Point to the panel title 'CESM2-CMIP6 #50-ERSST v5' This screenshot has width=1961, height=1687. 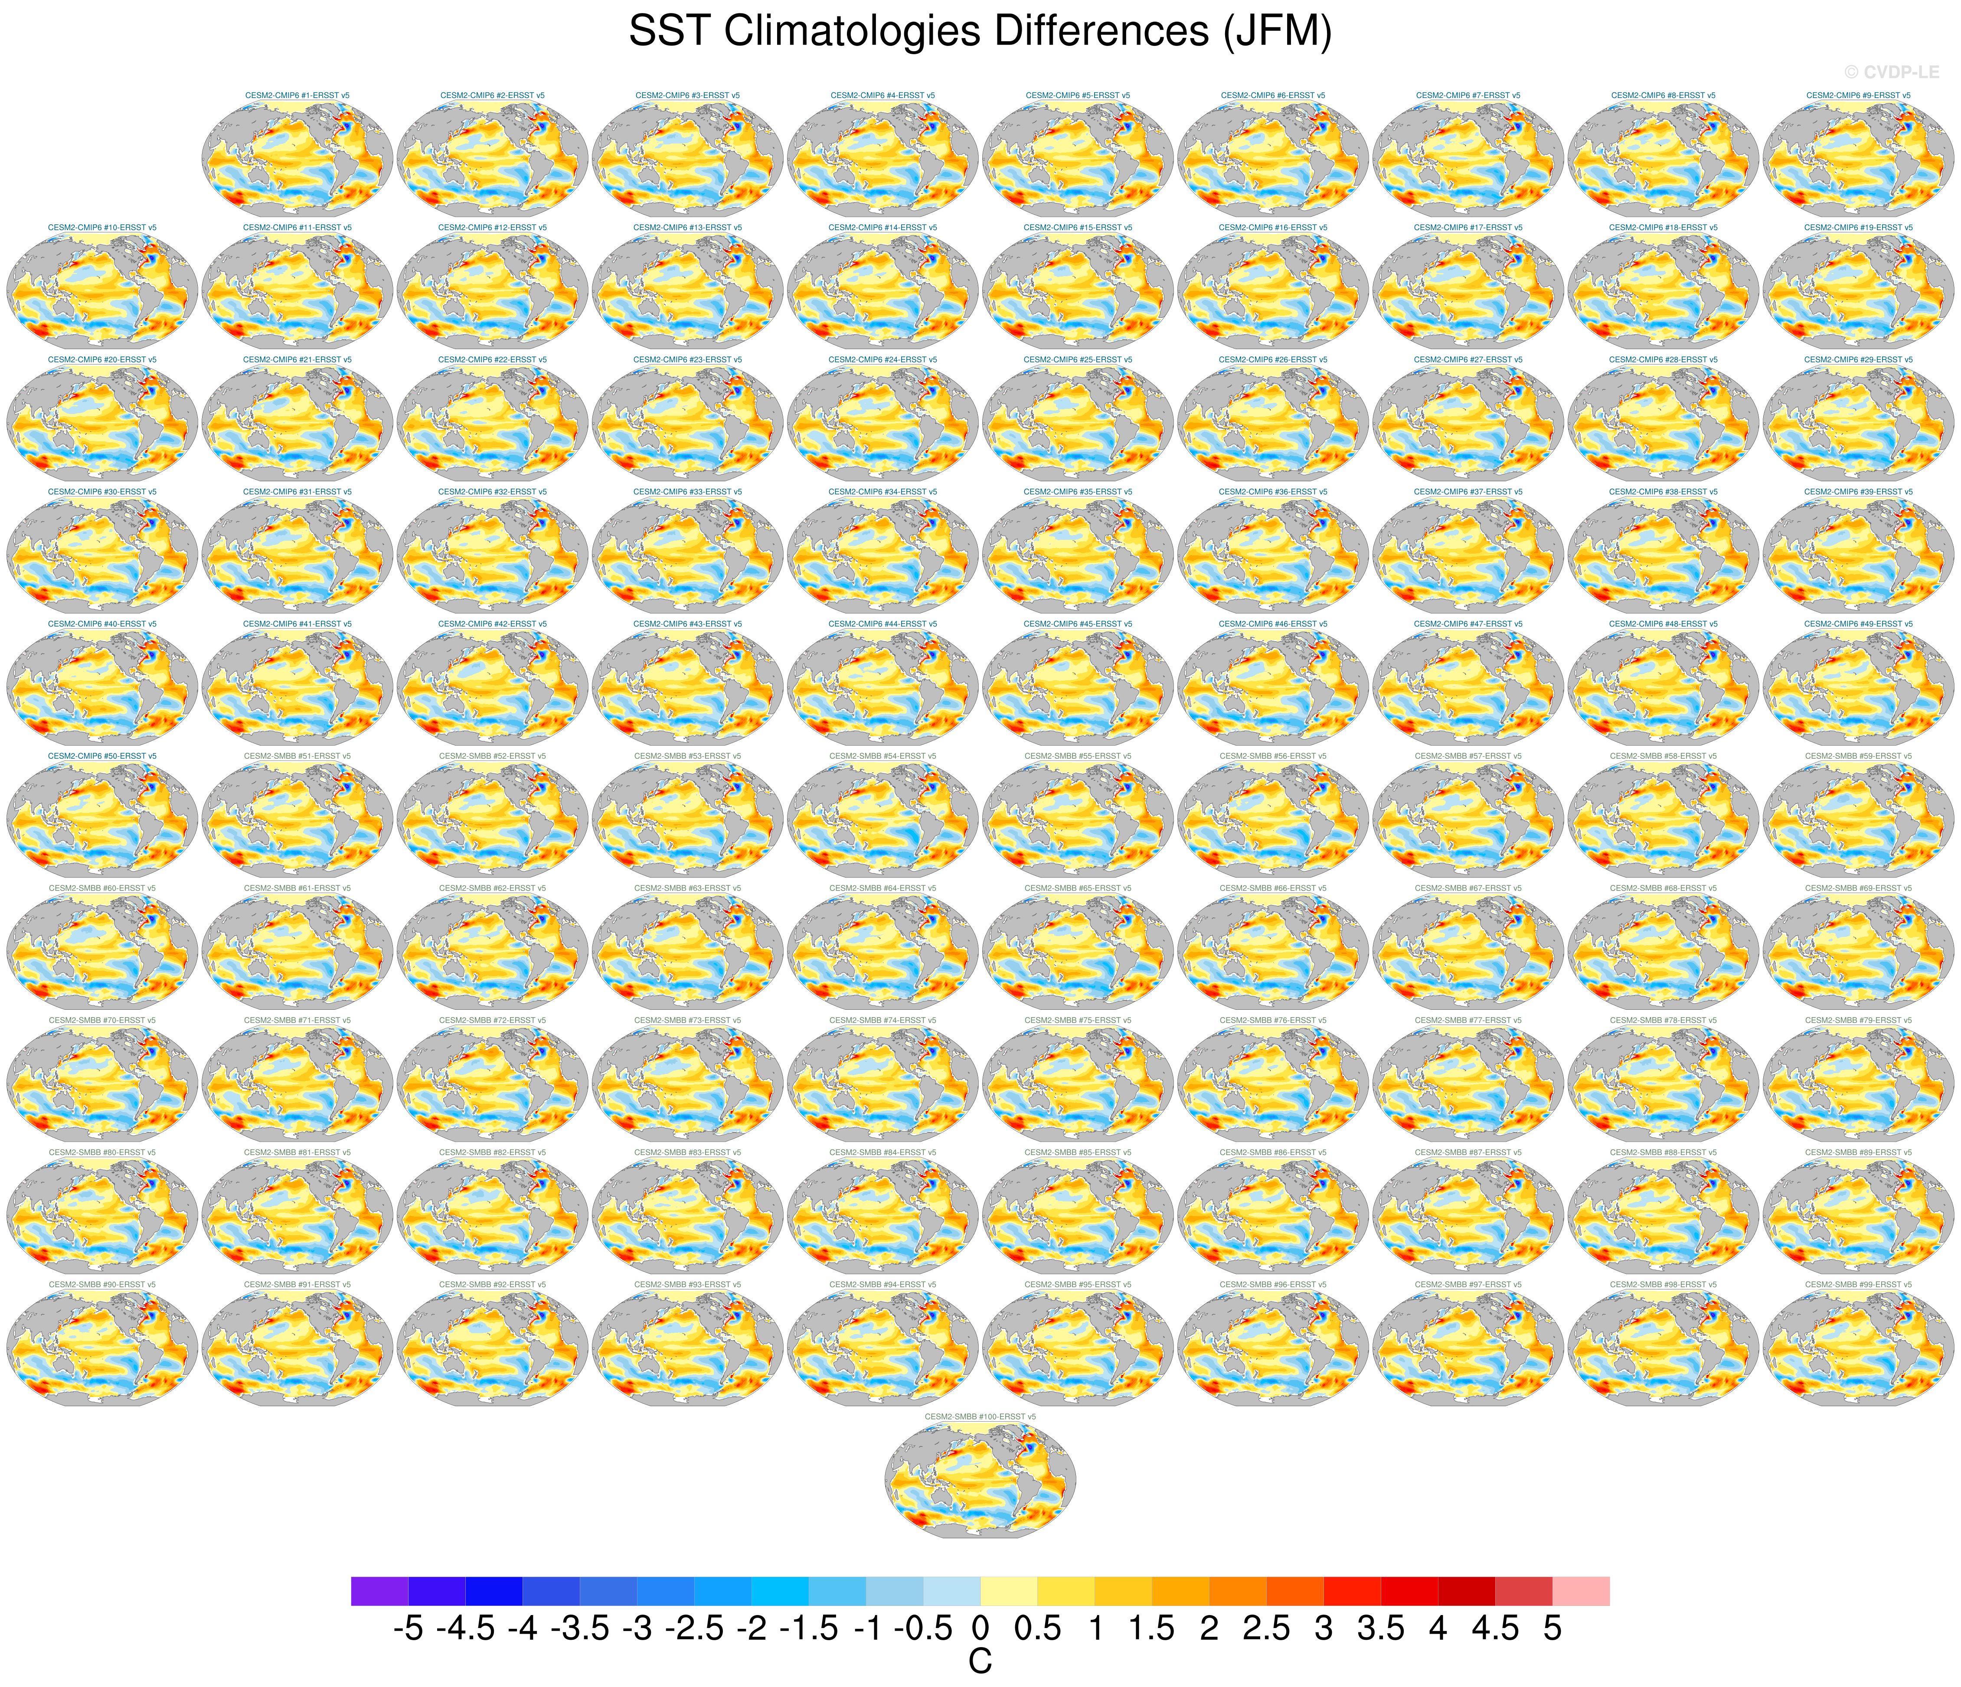[x=102, y=756]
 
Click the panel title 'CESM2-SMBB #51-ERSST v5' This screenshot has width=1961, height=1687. [x=297, y=756]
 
